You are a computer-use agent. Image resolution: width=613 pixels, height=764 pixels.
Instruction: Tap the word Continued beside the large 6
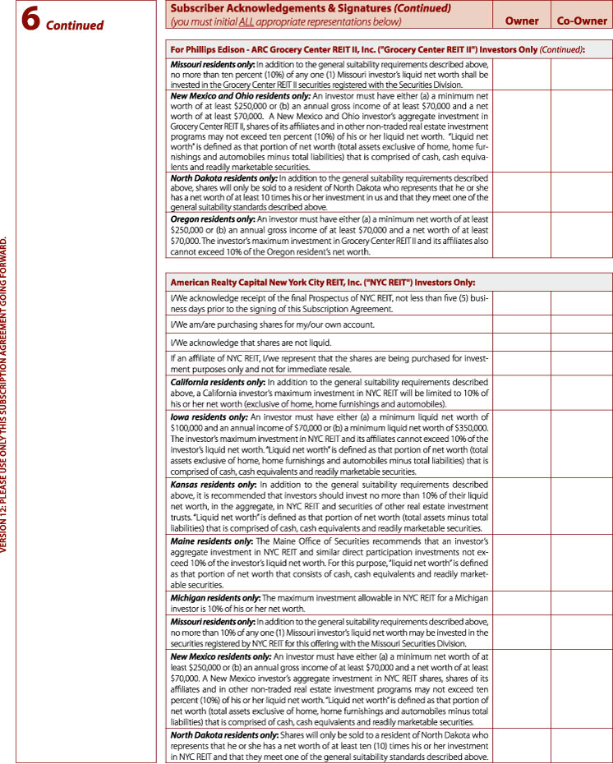[x=75, y=25]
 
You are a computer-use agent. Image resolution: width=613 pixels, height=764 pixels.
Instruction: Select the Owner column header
[x=522, y=21]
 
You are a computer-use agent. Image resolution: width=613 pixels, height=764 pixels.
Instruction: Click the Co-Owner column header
[x=582, y=21]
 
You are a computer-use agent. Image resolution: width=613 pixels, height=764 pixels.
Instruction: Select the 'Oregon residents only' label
[x=213, y=220]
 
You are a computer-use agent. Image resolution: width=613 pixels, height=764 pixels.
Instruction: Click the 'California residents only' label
[x=218, y=383]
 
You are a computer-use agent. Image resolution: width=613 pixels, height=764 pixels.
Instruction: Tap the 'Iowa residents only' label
[x=206, y=417]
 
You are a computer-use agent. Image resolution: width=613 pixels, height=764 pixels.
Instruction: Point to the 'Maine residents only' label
[x=210, y=542]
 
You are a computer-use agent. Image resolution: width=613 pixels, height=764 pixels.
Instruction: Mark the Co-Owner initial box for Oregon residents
[x=582, y=235]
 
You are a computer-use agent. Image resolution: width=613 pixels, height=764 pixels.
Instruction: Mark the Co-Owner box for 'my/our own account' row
[x=582, y=324]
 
